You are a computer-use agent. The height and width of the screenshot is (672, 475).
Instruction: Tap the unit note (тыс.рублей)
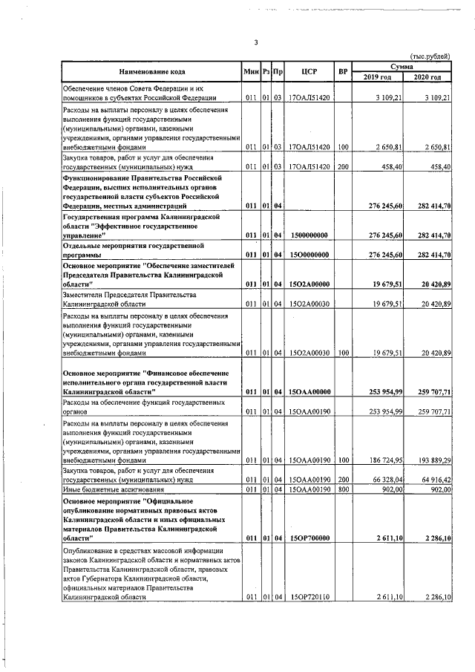tap(430, 57)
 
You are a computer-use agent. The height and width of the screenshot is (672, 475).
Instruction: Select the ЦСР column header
tap(310, 71)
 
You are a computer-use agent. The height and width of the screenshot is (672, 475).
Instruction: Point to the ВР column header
tap(342, 71)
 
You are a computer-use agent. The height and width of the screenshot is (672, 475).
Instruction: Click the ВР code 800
tap(342, 489)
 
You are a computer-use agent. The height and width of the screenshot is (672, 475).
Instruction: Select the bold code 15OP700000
tap(310, 538)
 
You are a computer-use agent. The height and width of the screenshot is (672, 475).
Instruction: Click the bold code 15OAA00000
tap(310, 390)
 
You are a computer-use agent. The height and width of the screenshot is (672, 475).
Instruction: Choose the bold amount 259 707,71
tap(433, 390)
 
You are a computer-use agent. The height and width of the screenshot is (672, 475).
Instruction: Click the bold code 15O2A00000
tap(310, 284)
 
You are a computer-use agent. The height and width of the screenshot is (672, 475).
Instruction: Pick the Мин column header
tap(250, 71)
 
